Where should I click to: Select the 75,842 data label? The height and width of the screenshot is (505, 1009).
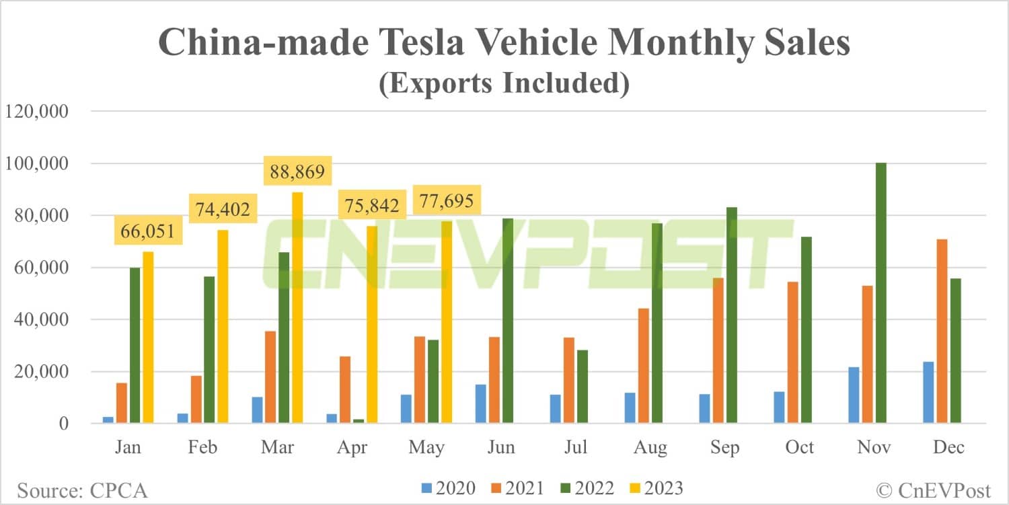tap(372, 205)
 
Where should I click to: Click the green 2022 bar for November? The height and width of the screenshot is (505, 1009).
tap(881, 293)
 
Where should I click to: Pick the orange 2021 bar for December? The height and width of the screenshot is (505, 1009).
tap(942, 332)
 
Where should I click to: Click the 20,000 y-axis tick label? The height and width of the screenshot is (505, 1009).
tap(39, 372)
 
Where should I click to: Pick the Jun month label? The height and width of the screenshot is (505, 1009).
tap(502, 447)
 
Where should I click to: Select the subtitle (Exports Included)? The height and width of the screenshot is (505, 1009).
tap(504, 84)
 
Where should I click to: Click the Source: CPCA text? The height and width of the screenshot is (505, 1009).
tap(82, 490)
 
